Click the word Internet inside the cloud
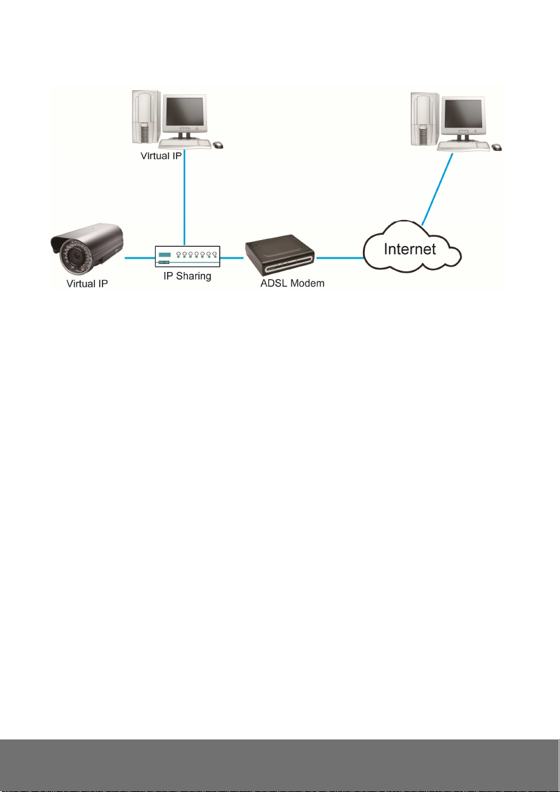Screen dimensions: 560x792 pyautogui.click(x=410, y=249)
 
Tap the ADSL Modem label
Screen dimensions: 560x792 pyautogui.click(x=292, y=283)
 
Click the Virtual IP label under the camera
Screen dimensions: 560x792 pyautogui.click(x=87, y=284)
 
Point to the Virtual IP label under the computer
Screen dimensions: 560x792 pyautogui.click(x=161, y=156)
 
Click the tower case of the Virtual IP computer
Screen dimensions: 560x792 pyautogui.click(x=146, y=117)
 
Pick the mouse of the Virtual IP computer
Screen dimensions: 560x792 pyautogui.click(x=218, y=145)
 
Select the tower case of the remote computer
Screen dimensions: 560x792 pyautogui.click(x=425, y=120)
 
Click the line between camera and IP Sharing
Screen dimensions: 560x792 pyautogui.click(x=140, y=257)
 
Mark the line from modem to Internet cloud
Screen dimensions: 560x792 pyautogui.click(x=340, y=257)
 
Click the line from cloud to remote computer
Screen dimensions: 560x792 pyautogui.click(x=437, y=188)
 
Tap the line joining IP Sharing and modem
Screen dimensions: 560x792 pyautogui.click(x=232, y=257)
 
